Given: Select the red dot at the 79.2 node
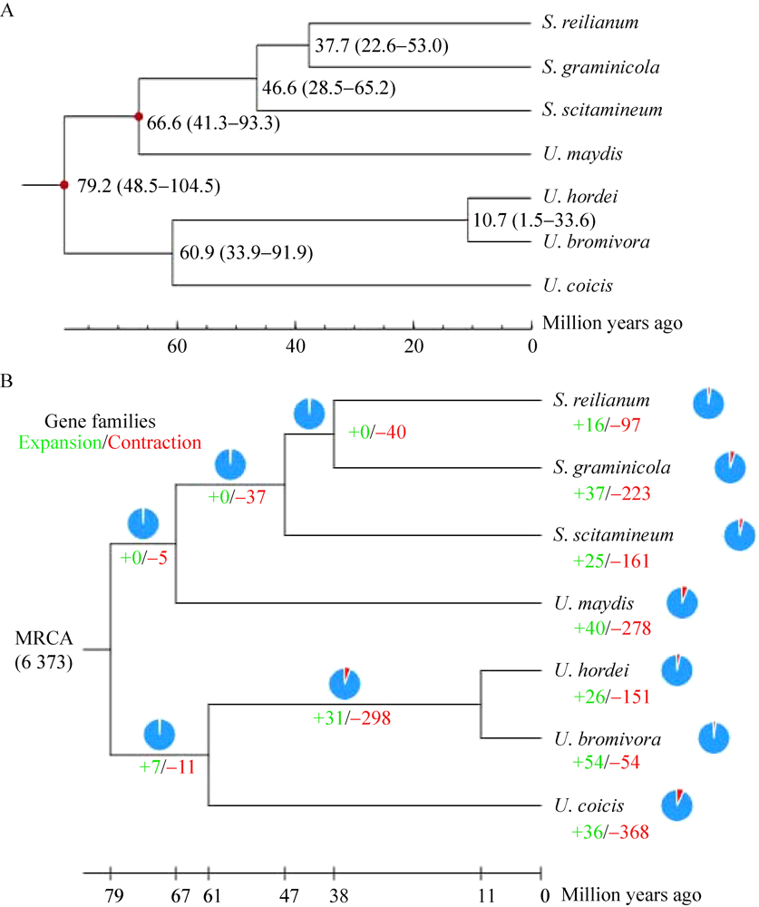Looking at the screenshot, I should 63,186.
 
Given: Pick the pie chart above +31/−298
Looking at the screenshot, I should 345,682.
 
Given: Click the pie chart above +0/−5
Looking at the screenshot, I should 143,523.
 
